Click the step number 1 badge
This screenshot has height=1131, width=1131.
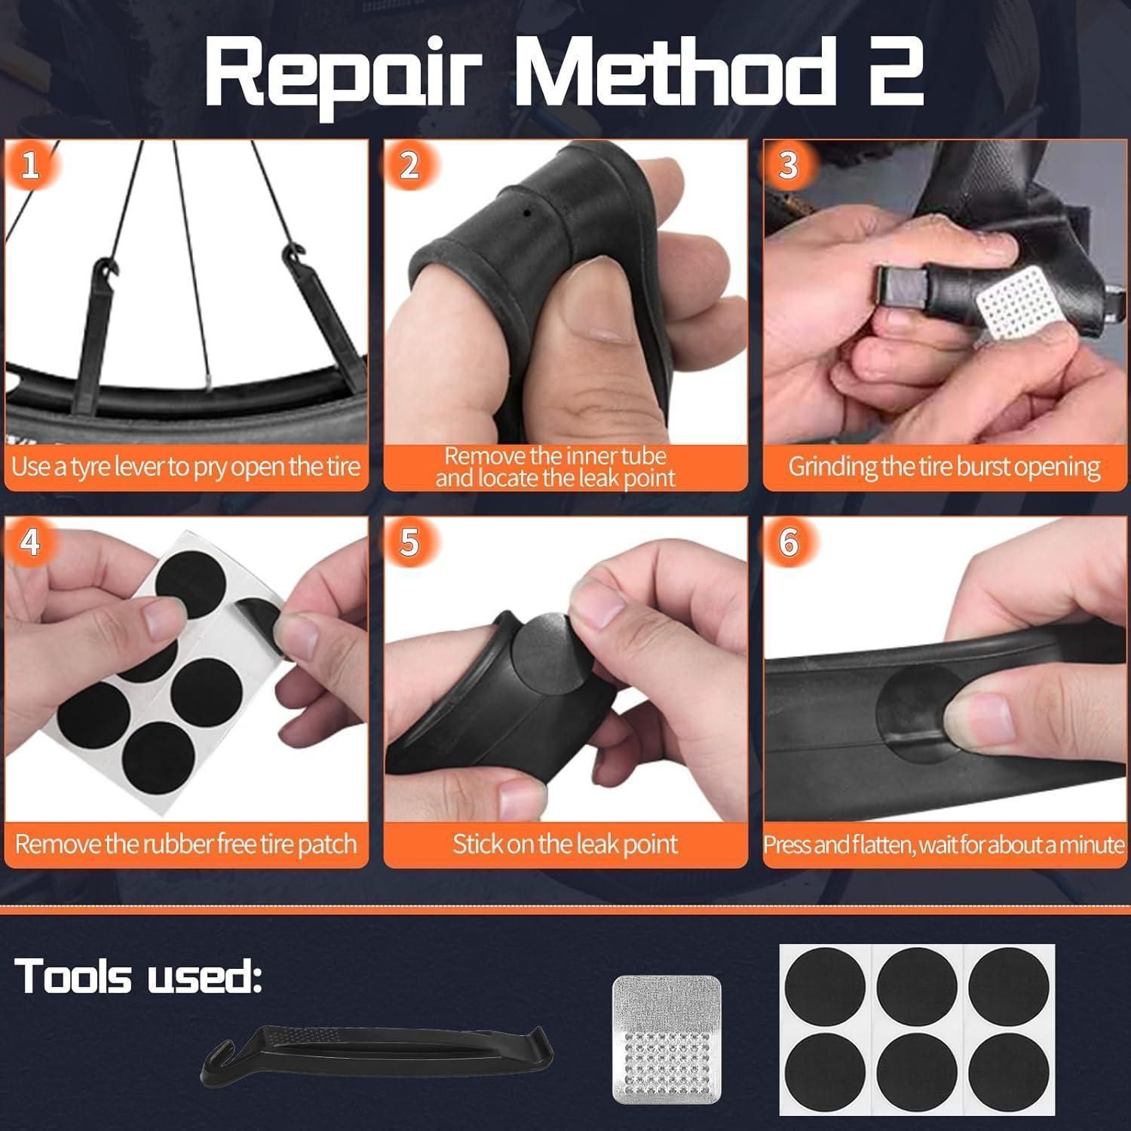(x=30, y=165)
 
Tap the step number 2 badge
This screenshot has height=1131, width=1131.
(x=409, y=165)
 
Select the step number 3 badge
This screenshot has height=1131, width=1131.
(x=789, y=165)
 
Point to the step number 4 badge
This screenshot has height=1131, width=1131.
(x=30, y=542)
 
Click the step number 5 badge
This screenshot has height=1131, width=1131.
(x=409, y=542)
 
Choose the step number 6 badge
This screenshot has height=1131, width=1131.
(x=789, y=542)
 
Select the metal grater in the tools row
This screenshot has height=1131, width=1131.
(x=666, y=1040)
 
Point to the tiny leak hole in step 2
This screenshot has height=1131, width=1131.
(x=527, y=213)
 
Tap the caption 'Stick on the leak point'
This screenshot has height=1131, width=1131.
(x=565, y=844)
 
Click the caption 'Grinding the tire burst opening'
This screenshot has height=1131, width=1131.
(x=944, y=467)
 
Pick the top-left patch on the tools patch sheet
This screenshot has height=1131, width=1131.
(x=825, y=988)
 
